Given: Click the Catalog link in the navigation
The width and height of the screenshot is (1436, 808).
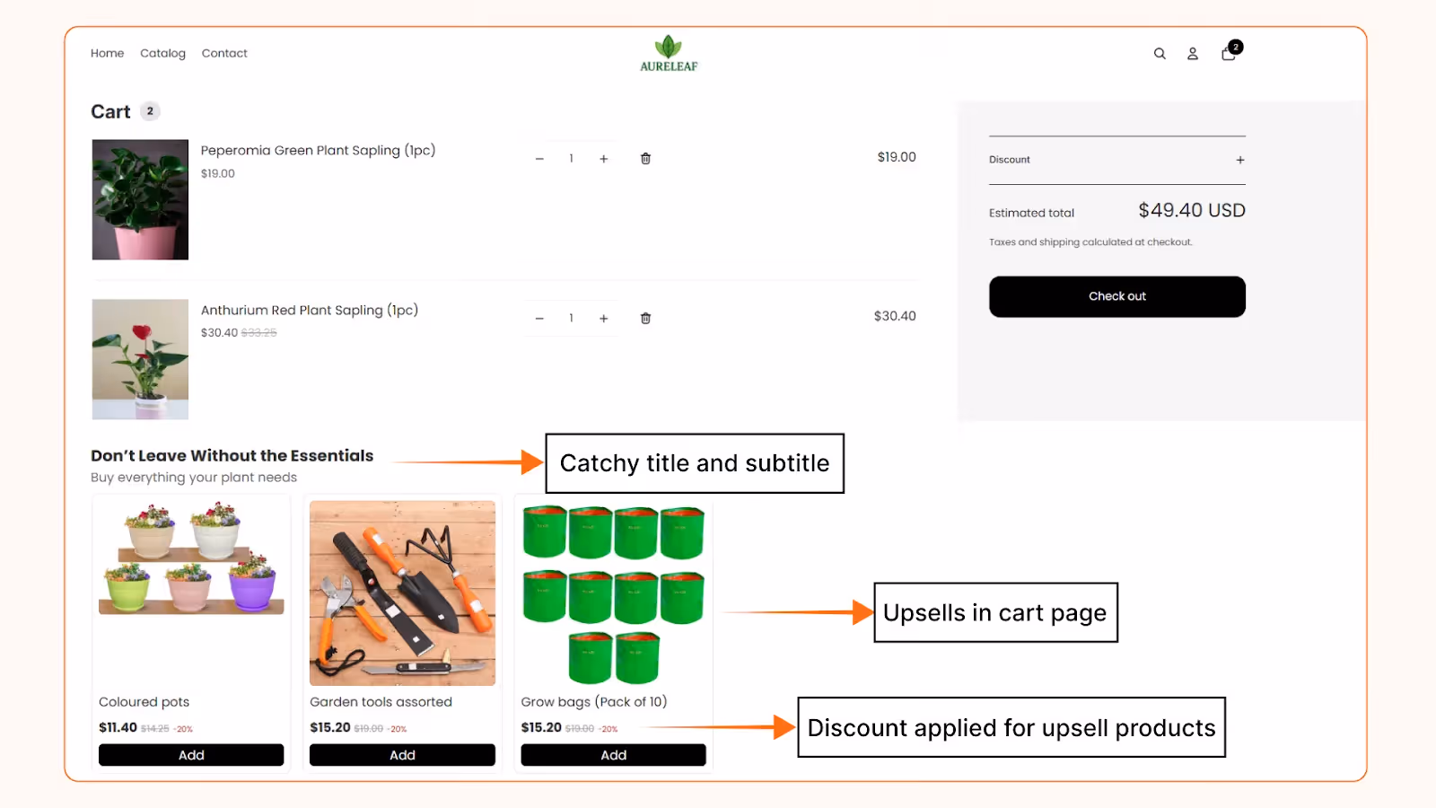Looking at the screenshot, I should (162, 53).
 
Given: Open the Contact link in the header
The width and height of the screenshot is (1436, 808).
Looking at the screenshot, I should (224, 53).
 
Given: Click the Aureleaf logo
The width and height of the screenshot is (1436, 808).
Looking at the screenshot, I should (669, 53).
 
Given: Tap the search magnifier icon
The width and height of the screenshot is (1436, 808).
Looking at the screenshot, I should (1160, 54).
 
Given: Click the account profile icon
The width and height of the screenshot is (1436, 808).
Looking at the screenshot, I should (1193, 54).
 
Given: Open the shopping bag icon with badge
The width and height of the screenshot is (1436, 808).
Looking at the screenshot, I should (1229, 53).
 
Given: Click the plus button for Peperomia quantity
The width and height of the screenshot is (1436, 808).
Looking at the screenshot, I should (604, 159).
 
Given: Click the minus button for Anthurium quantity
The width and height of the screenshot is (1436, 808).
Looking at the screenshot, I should (539, 319).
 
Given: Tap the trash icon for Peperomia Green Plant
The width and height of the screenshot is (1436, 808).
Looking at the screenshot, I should (645, 159).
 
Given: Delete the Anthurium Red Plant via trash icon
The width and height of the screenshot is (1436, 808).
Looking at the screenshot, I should (645, 319).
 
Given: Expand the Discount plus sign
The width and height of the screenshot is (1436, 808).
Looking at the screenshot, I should (1240, 160).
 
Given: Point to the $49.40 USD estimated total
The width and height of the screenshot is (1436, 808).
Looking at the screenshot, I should (1191, 210).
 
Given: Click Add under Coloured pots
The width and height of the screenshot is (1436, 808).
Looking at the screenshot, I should (191, 755).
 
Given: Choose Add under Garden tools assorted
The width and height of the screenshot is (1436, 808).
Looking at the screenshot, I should (402, 755).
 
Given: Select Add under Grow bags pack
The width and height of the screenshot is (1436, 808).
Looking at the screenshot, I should (614, 755).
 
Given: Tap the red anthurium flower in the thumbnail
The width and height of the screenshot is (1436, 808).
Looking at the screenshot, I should (142, 334).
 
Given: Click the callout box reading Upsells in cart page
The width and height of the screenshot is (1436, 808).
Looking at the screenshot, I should (995, 612).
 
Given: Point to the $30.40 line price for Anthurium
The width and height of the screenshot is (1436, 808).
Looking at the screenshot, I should (894, 316).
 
